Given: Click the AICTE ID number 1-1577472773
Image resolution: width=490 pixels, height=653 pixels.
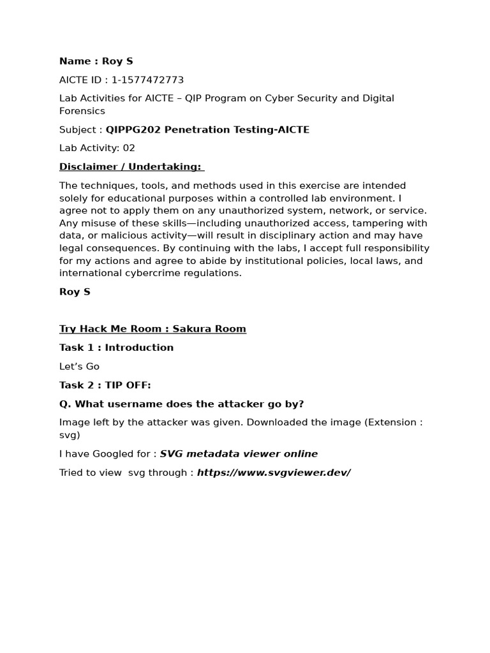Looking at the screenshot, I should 147,80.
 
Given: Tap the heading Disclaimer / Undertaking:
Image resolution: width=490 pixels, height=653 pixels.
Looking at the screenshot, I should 130,166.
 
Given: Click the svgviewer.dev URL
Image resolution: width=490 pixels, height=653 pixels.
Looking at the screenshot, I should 274,473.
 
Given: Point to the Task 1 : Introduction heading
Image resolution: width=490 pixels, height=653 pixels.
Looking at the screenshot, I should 116,348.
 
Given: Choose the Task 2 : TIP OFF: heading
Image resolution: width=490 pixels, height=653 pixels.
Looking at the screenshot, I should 105,385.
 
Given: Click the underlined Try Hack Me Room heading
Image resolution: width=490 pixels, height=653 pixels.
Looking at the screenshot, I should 152,329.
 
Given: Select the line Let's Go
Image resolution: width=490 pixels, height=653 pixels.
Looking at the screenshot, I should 79,367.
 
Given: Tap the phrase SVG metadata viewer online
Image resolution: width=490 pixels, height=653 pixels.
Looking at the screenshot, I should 239,454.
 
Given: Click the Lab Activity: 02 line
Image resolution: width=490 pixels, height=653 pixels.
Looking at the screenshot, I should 97,148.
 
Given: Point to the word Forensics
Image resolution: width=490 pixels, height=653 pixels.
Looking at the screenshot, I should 82,111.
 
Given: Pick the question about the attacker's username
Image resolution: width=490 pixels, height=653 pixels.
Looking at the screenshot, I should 181,404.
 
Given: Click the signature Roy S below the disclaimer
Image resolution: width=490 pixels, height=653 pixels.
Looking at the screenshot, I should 75,292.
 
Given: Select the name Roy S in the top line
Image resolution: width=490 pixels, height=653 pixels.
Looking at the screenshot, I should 117,61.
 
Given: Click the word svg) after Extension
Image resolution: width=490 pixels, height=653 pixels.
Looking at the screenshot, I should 70,435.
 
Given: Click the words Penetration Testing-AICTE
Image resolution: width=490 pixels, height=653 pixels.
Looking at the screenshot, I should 235,129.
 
